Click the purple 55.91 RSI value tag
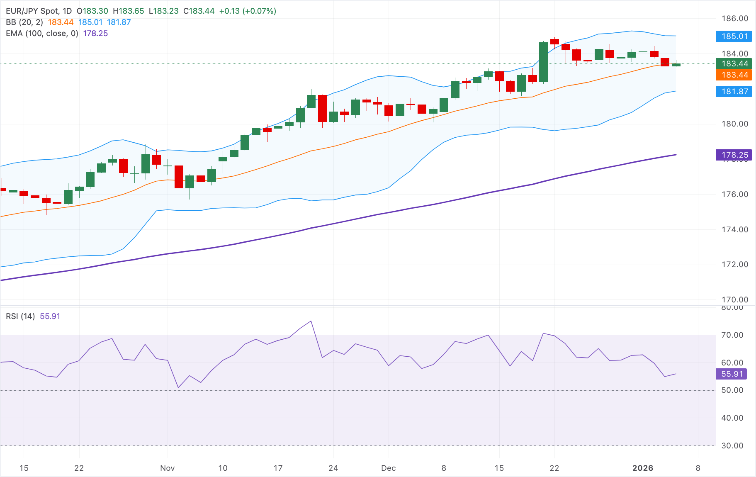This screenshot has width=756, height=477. (732, 374)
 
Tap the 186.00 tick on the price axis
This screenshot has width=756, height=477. (734, 19)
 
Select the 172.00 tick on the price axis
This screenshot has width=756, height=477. (734, 265)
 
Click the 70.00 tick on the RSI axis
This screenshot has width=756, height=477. (732, 335)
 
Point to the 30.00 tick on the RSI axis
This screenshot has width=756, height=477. (732, 446)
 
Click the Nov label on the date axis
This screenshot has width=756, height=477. (167, 468)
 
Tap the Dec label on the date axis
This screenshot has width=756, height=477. (388, 468)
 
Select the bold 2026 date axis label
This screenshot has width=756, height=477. (642, 468)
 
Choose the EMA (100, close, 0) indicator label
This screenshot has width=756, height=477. (42, 34)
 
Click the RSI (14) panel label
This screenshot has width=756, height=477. (20, 316)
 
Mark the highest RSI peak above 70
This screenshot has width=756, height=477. (311, 321)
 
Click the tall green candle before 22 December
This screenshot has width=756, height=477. (543, 62)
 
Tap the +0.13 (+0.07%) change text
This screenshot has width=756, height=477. (248, 11)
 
